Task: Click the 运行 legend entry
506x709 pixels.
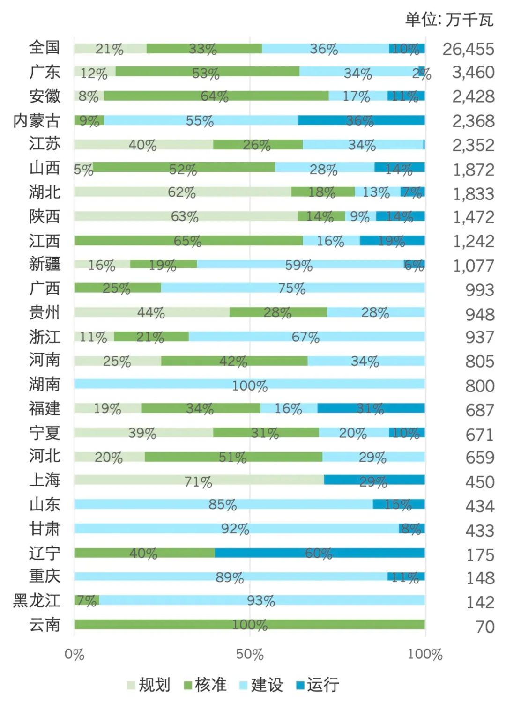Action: pyautogui.click(x=318, y=685)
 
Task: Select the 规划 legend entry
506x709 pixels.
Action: pyautogui.click(x=149, y=685)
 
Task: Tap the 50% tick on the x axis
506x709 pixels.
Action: pyautogui.click(x=250, y=654)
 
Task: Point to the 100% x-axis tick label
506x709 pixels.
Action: pyautogui.click(x=425, y=654)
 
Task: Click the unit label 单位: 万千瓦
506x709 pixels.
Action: pyautogui.click(x=449, y=20)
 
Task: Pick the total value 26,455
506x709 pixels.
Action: pyautogui.click(x=468, y=49)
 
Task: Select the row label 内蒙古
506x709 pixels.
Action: pyautogui.click(x=37, y=121)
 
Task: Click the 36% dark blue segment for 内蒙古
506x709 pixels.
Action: pyautogui.click(x=361, y=120)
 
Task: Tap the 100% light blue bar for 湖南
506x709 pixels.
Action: pyautogui.click(x=250, y=384)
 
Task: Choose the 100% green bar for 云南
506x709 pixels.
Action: pyautogui.click(x=250, y=625)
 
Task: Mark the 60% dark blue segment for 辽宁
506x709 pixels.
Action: pyautogui.click(x=320, y=553)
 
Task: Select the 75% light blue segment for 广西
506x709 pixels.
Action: pyautogui.click(x=292, y=288)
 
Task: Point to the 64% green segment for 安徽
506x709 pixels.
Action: pyautogui.click(x=216, y=96)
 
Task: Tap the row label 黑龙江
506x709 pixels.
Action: pyautogui.click(x=37, y=600)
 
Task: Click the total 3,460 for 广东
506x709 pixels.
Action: pyautogui.click(x=473, y=73)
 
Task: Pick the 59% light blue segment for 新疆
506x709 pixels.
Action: pyautogui.click(x=300, y=265)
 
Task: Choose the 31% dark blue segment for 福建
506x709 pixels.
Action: pyautogui.click(x=371, y=408)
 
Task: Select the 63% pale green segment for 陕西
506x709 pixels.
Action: pyautogui.click(x=186, y=216)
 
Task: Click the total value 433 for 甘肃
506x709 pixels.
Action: pyautogui.click(x=479, y=531)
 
